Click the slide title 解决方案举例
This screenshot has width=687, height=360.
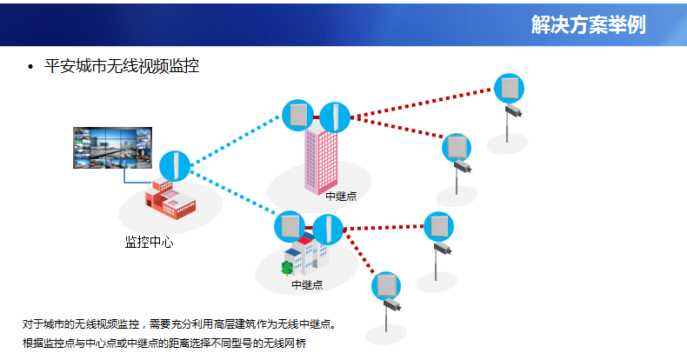pos(589,24)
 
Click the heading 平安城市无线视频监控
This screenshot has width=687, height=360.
pos(122,66)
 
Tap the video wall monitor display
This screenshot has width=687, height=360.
pos(112,148)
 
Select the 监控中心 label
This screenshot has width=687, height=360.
pos(149,243)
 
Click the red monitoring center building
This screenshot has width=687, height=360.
pos(170,198)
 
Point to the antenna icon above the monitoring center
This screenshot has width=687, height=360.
pos(175,166)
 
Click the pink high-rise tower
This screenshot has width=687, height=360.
pos(321,161)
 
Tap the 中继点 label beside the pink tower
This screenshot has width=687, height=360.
pos(341,197)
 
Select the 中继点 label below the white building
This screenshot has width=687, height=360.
pos(307,285)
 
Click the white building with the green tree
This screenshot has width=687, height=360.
pos(306,255)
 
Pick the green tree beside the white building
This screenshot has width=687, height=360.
pos(287,268)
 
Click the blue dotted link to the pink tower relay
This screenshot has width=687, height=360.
pos(236,139)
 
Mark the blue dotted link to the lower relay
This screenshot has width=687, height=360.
pos(234,193)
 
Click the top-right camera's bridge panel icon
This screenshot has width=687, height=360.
pos(509,89)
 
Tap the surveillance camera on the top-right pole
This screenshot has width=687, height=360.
pos(513,110)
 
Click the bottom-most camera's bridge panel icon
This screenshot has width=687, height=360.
pos(386,286)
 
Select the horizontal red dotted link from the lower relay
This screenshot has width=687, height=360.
pos(384,228)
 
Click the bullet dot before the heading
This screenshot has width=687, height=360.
pos(30,67)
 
